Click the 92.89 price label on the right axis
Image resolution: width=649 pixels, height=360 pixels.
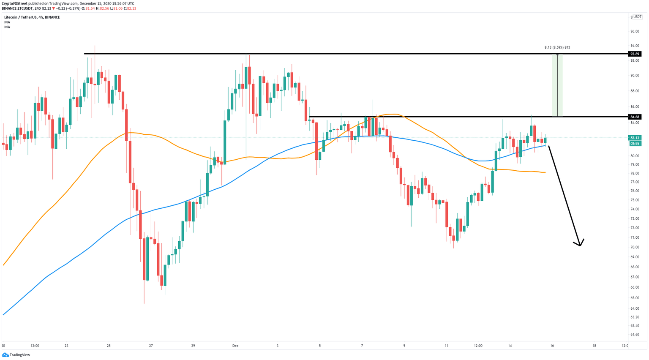click(635, 54)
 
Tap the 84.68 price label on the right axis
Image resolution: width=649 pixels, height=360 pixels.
click(635, 117)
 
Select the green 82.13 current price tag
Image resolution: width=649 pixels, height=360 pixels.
click(635, 138)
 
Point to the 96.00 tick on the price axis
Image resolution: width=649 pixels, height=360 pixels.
click(635, 31)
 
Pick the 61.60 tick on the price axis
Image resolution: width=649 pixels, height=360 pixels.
click(635, 335)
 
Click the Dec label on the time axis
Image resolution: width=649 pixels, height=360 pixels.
click(235, 346)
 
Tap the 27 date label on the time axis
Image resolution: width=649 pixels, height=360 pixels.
click(151, 346)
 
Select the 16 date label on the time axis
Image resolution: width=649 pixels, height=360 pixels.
click(552, 346)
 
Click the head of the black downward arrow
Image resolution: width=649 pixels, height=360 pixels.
click(580, 245)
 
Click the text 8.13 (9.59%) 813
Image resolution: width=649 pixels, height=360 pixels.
click(557, 47)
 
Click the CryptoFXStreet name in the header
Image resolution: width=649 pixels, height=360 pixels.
click(14, 3)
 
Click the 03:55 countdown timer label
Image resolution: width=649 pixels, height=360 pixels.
click(635, 144)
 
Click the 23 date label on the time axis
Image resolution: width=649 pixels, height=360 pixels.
click(66, 346)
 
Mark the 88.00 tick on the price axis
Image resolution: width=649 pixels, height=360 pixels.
click(635, 91)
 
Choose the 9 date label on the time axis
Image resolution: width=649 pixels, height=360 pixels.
click(404, 346)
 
